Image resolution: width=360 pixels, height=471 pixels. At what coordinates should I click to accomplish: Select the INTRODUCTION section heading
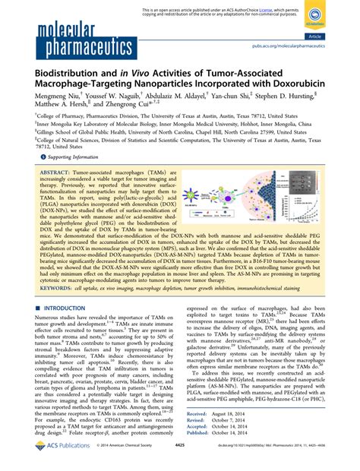pyautogui.click(x=68, y=328)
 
